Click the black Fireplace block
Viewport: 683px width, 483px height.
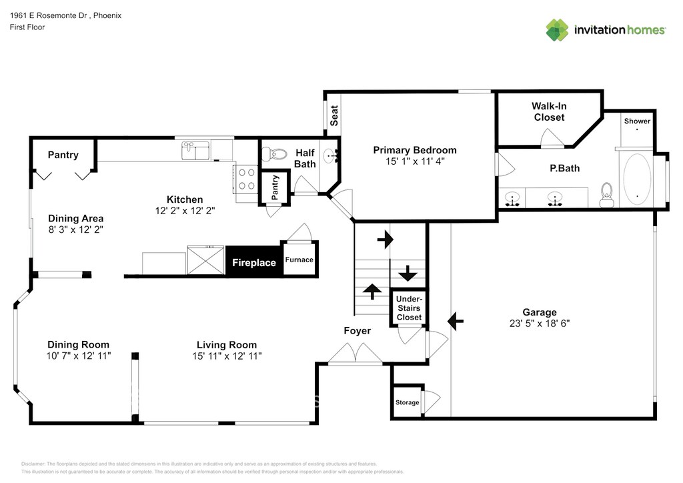(x=253, y=262)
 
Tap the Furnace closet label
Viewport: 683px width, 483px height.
(x=299, y=260)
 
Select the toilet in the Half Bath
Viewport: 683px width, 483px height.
(x=270, y=155)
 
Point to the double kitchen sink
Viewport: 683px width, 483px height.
(x=195, y=151)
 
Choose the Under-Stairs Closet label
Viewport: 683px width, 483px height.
(x=409, y=308)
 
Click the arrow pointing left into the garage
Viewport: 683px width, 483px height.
(x=455, y=321)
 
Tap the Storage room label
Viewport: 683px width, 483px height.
(x=407, y=402)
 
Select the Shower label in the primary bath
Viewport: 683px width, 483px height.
(x=637, y=121)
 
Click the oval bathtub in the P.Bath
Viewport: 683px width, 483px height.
(x=637, y=179)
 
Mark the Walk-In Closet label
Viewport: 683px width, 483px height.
(x=548, y=111)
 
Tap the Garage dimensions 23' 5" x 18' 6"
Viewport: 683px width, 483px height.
(x=539, y=324)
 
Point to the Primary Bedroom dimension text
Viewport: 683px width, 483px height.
(x=414, y=161)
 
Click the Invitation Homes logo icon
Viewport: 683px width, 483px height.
(x=558, y=29)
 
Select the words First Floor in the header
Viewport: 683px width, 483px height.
(x=27, y=27)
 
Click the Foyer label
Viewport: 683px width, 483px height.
(x=357, y=330)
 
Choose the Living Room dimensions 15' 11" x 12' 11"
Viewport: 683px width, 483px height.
(x=226, y=356)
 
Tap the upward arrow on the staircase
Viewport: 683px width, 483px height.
(x=371, y=291)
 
